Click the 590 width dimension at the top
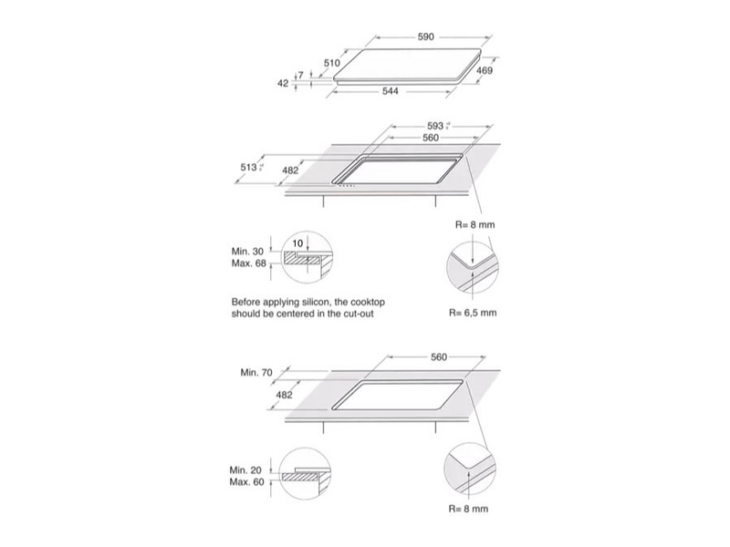coord(424,36)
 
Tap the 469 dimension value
coord(485,71)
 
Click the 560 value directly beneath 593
coord(432,138)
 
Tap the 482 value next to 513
coord(289,170)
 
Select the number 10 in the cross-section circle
coord(299,243)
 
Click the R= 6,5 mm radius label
coord(472,313)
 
